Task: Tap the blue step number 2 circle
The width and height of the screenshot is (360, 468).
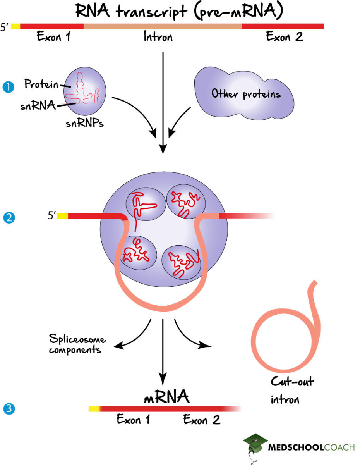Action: coord(8,217)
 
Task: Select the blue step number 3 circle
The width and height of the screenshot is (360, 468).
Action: coord(8,409)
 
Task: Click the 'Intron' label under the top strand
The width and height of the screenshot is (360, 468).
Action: coord(158,37)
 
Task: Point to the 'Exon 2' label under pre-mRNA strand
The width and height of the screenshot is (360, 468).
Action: coord(285,37)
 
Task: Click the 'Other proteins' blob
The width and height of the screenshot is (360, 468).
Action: coord(245,94)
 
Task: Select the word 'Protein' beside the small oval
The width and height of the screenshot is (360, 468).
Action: coord(41,84)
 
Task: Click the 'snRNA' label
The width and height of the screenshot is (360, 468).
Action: coord(38,105)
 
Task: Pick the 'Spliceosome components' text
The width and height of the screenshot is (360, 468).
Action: coord(77,344)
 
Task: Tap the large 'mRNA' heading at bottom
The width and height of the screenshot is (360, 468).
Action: coord(166,397)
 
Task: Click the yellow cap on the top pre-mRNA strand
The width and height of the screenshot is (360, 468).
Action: coord(15,26)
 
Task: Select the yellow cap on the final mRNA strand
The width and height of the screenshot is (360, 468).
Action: coord(94,409)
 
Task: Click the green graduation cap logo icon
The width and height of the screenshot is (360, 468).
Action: coord(254,444)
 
